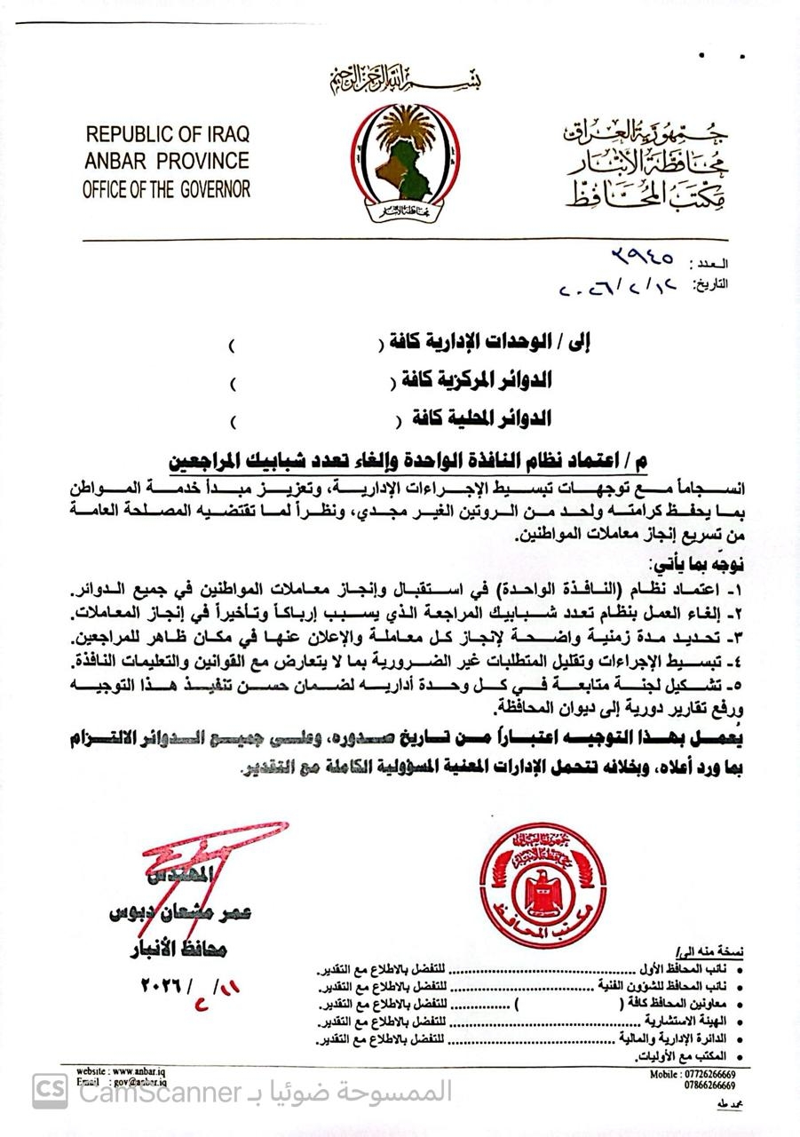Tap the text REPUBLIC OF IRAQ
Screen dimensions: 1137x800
click(168, 135)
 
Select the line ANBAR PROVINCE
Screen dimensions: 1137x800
click(167, 162)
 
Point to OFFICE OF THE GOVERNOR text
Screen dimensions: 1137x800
click(167, 188)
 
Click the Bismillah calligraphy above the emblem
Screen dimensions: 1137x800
click(404, 82)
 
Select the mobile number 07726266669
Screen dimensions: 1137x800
click(699, 1074)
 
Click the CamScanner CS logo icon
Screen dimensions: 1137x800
click(51, 1091)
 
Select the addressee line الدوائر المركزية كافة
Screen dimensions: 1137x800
click(471, 381)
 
